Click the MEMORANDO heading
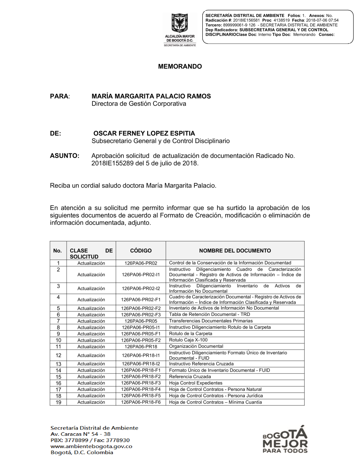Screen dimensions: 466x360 (x=180, y=67)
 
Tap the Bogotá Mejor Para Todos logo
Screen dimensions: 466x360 (x=285, y=439)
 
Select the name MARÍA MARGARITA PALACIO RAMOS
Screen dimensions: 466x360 (x=151, y=96)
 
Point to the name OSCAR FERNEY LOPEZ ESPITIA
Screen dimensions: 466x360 (x=144, y=133)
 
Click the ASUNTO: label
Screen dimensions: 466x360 (x=64, y=156)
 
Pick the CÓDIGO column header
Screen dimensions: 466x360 (x=141, y=251)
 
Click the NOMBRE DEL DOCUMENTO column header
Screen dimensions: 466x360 (x=235, y=251)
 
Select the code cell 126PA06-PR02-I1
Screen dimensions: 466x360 (x=141, y=275)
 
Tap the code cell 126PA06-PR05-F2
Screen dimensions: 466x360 (x=141, y=340)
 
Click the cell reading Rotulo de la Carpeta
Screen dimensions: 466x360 (x=191, y=334)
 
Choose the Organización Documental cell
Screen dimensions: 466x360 (x=196, y=346)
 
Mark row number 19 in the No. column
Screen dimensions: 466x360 (x=58, y=402)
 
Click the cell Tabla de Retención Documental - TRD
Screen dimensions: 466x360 (x=210, y=314)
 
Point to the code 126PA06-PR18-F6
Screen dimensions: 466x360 (x=141, y=402)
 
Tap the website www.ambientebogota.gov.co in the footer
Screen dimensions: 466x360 (x=91, y=446)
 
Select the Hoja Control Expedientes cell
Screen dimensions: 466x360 (x=196, y=383)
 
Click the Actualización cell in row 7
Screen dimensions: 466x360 (x=91, y=321)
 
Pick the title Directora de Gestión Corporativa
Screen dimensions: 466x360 (x=139, y=104)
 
